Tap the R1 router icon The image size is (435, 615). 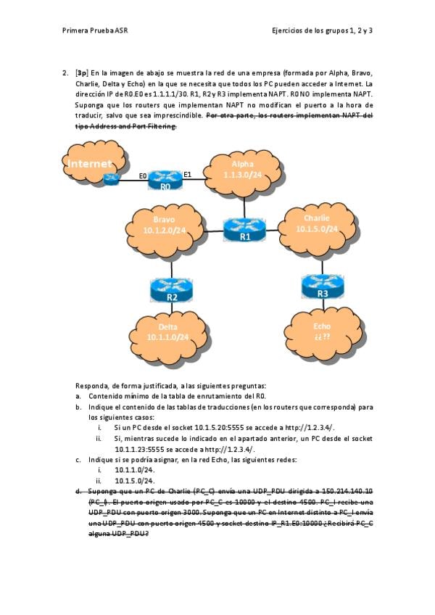coord(244,229)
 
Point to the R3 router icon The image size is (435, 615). coord(322,286)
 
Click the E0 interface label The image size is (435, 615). coord(143,176)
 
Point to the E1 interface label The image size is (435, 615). coord(187,174)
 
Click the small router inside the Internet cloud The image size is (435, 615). coord(111,179)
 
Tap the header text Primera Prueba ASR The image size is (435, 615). coord(96,31)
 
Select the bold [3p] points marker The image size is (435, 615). coord(82,73)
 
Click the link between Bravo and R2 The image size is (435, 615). coord(171,266)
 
